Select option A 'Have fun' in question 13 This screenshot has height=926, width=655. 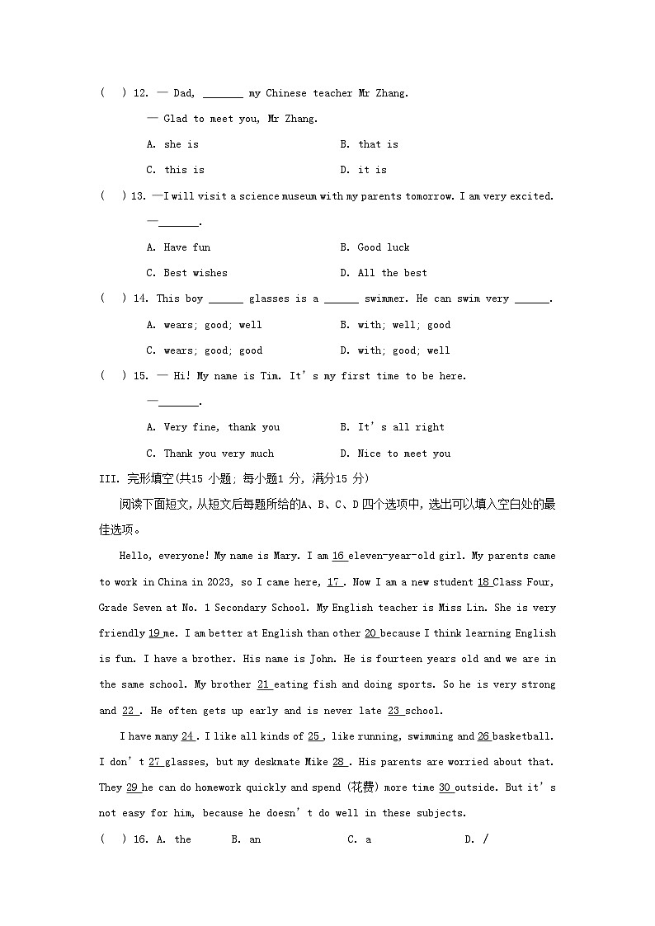click(179, 247)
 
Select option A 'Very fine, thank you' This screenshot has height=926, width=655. click(214, 427)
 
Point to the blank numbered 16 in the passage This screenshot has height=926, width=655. click(339, 557)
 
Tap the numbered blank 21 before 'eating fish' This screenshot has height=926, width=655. click(265, 684)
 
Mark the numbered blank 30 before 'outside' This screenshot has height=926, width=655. click(445, 787)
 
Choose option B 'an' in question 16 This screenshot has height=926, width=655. click(247, 839)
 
